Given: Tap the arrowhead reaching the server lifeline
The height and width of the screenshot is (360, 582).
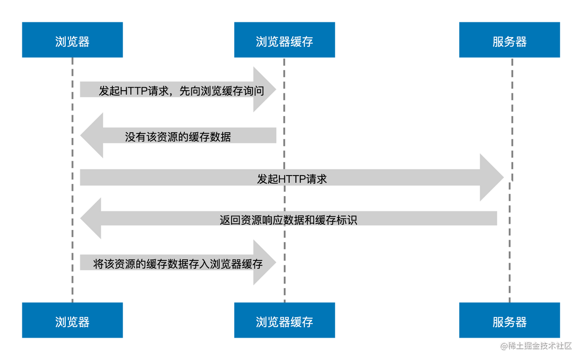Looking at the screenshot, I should click(x=491, y=178).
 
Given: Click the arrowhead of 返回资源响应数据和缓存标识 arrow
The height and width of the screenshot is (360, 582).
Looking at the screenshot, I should click(x=91, y=218).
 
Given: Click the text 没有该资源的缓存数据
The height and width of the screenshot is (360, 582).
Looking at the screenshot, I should click(x=178, y=137).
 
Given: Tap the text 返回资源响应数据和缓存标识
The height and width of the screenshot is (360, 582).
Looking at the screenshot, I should click(x=288, y=220).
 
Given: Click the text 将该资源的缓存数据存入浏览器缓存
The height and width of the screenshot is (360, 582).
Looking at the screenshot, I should click(x=178, y=264).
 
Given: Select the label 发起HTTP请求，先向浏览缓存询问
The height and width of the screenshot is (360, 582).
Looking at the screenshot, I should click(x=181, y=91).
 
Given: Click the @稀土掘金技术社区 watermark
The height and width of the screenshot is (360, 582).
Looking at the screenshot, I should click(x=535, y=345).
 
